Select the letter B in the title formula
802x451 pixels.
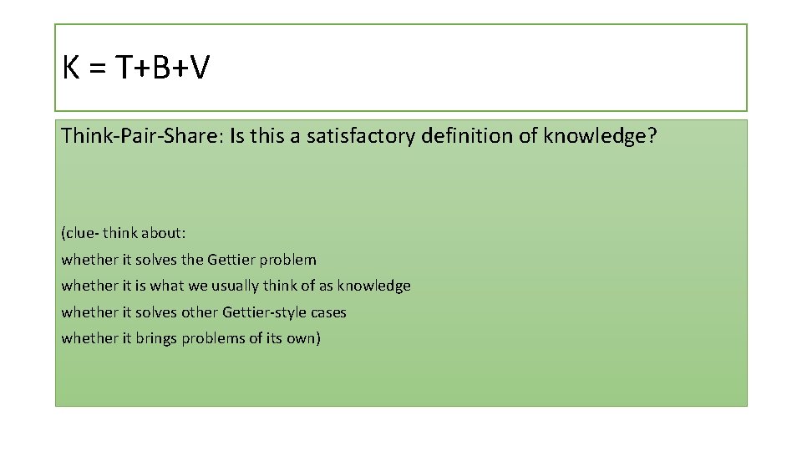163,68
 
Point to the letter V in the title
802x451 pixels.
199,68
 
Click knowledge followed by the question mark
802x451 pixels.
600,135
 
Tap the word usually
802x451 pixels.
238,286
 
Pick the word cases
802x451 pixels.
327,312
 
